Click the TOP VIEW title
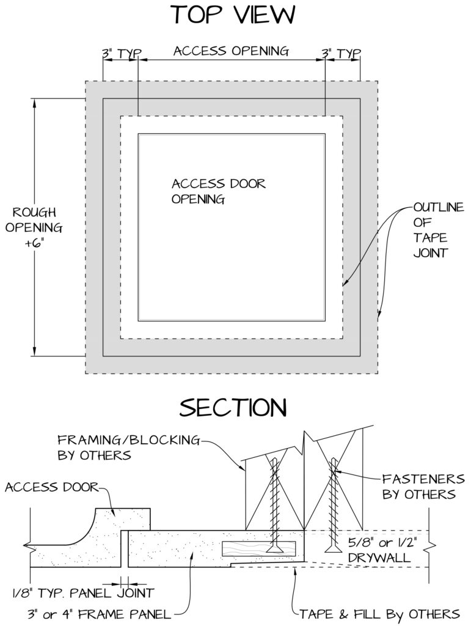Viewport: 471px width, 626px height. tap(233, 15)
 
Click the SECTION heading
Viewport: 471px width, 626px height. tap(233, 408)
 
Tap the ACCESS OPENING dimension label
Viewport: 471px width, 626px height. tap(232, 51)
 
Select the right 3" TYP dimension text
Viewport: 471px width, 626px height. tap(341, 54)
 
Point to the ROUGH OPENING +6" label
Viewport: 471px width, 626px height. tap(34, 227)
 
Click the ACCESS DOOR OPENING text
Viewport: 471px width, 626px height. tap(219, 191)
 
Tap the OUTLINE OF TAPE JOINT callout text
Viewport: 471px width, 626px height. tap(438, 230)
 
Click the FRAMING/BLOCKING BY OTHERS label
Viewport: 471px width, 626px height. tap(128, 447)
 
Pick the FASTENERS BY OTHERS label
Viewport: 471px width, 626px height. tap(423, 486)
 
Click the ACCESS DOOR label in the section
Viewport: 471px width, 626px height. tap(51, 487)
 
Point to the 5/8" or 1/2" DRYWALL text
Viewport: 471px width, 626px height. tap(382, 550)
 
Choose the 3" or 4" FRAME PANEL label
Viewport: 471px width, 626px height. tap(100, 614)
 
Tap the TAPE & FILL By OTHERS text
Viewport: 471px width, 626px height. tap(380, 614)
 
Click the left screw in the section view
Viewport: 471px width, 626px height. tap(274, 506)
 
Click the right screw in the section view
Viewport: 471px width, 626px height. tap(333, 505)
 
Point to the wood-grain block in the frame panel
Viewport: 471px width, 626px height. tap(258, 548)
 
